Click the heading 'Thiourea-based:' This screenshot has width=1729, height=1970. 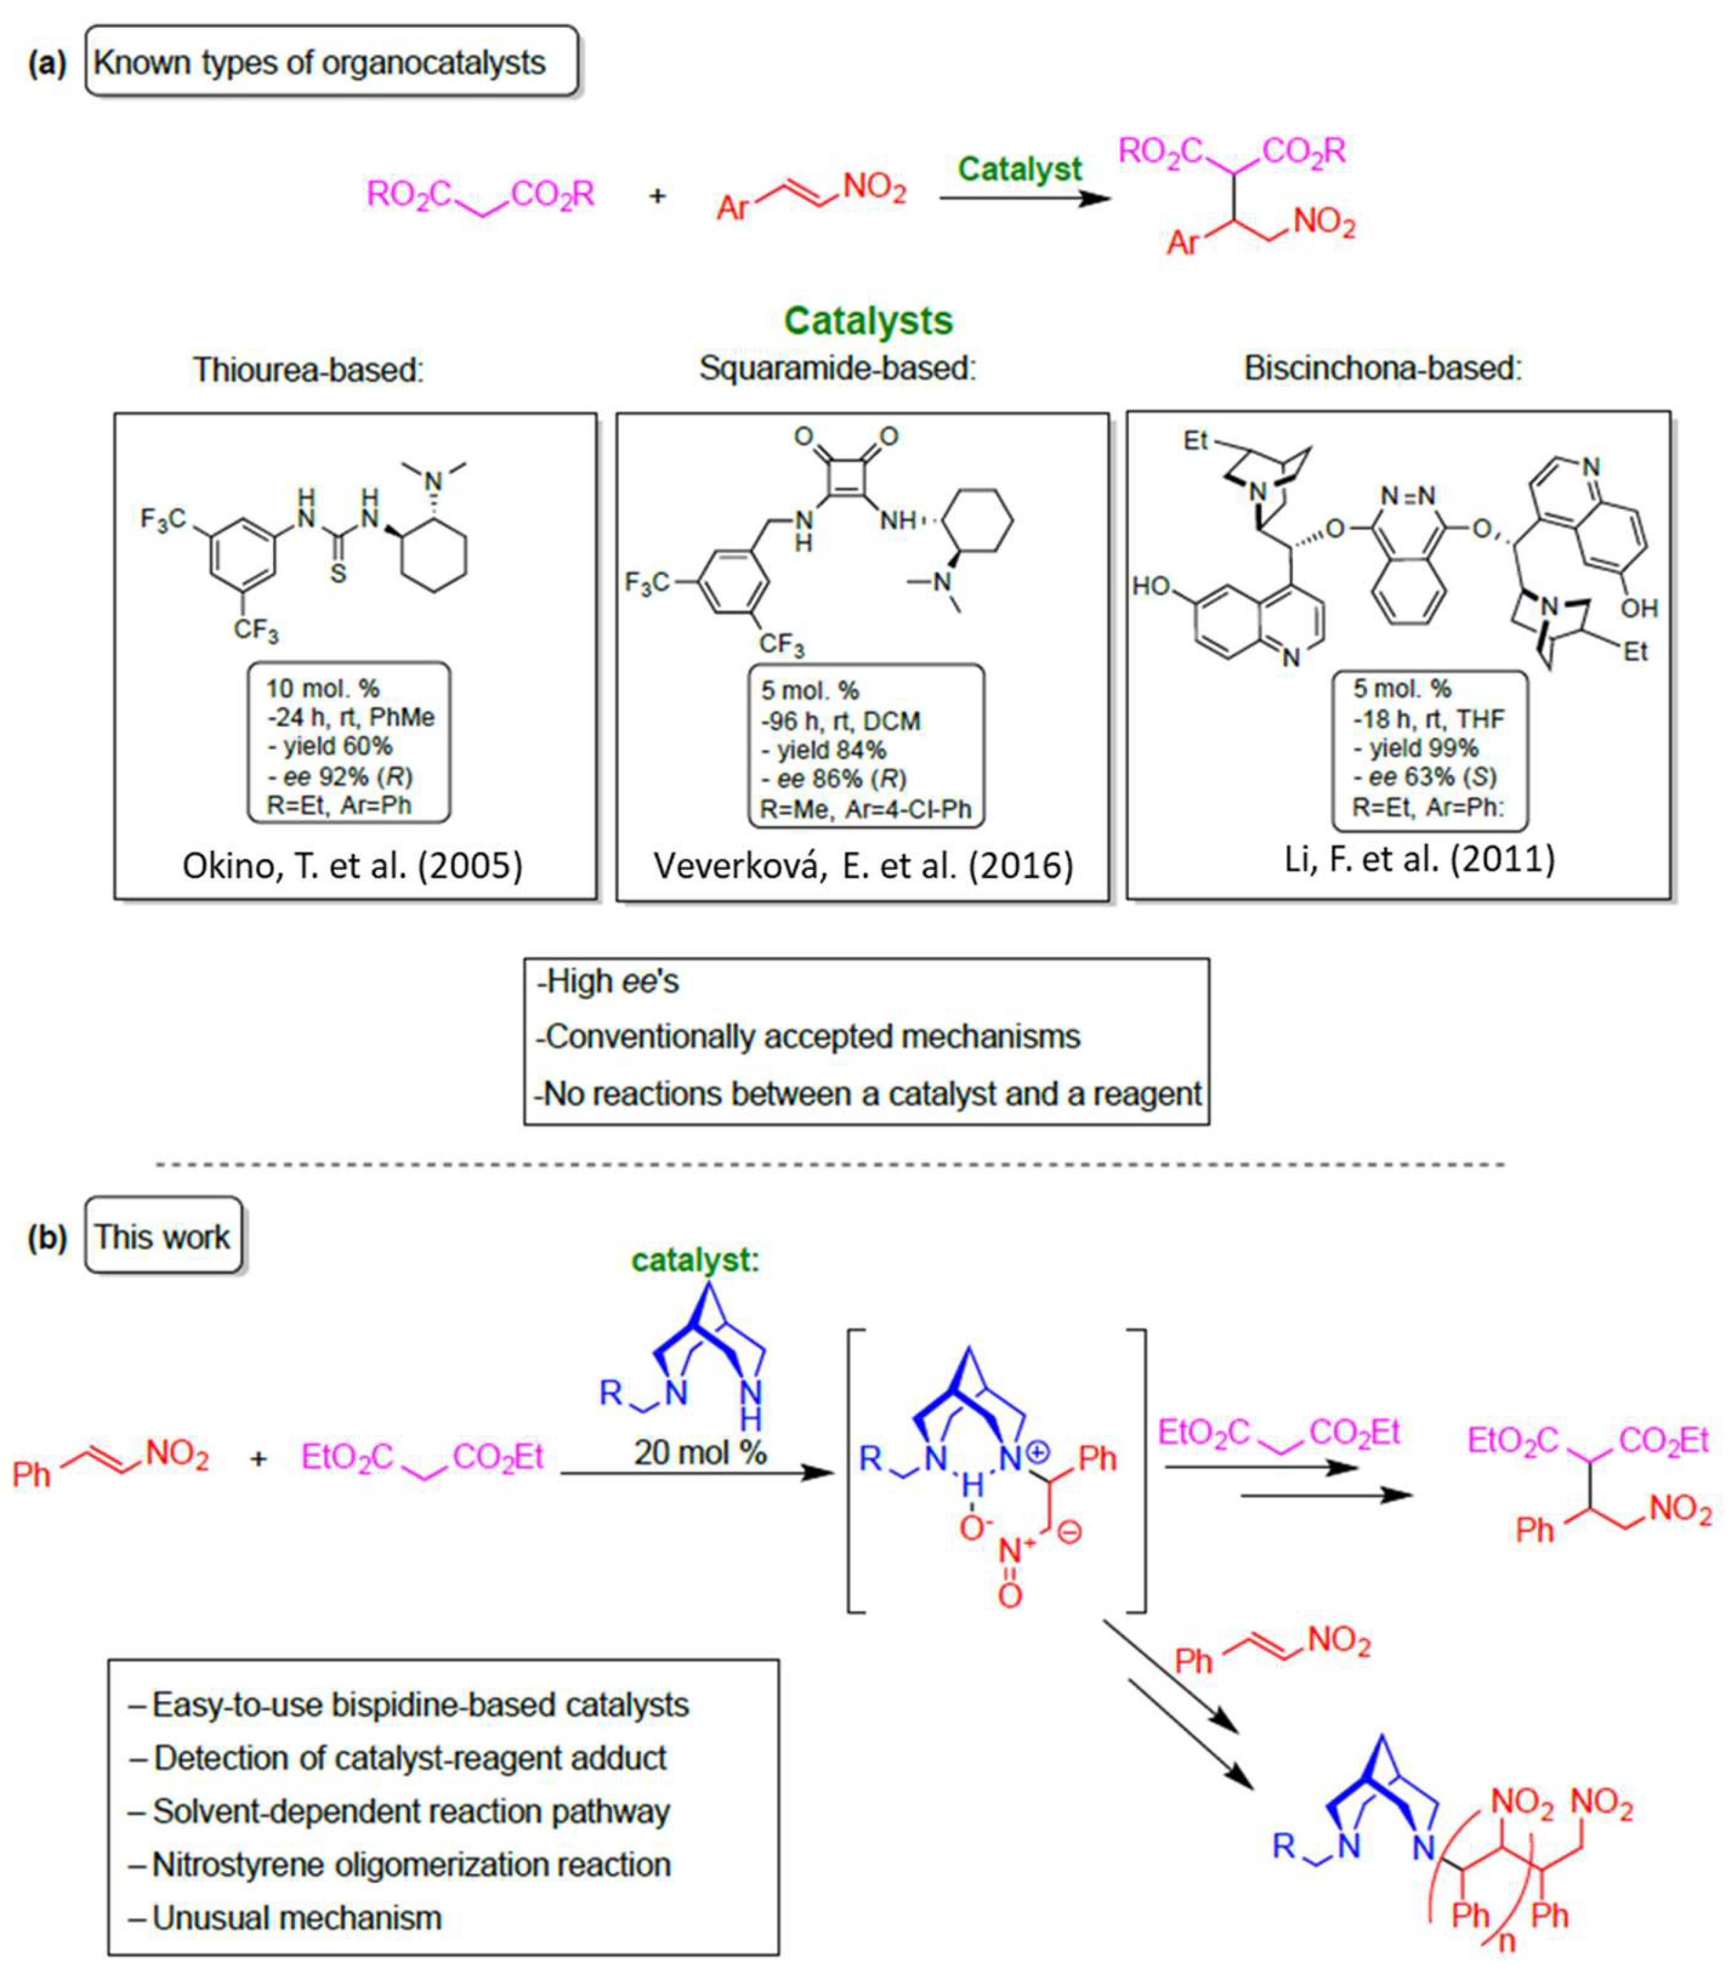pos(308,369)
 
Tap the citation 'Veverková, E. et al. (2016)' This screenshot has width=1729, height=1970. pos(863,865)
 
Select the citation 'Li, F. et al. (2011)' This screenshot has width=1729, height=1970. pos(1419,858)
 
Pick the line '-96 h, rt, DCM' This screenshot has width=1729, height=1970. pos(840,721)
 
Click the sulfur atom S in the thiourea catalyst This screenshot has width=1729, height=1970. pos(338,574)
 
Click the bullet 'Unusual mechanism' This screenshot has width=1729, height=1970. pos(297,1918)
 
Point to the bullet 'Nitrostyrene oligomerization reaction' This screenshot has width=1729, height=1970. pos(412,1865)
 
